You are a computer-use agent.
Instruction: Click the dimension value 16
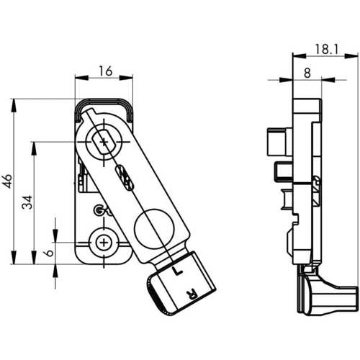(105, 71)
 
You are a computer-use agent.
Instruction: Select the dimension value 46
(8, 180)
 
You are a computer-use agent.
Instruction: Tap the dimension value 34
(27, 202)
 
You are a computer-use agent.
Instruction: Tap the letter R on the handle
(192, 294)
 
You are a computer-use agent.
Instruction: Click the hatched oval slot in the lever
(124, 176)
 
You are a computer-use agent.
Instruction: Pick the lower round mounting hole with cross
(105, 243)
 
